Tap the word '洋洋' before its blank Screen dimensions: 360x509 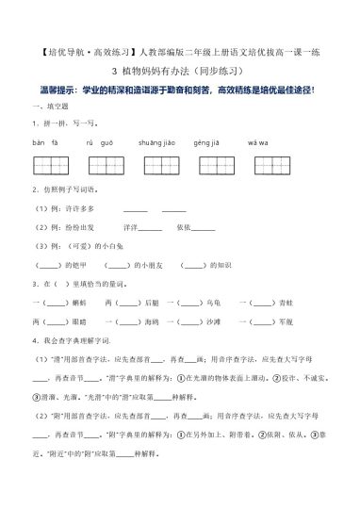(x=129, y=227)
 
